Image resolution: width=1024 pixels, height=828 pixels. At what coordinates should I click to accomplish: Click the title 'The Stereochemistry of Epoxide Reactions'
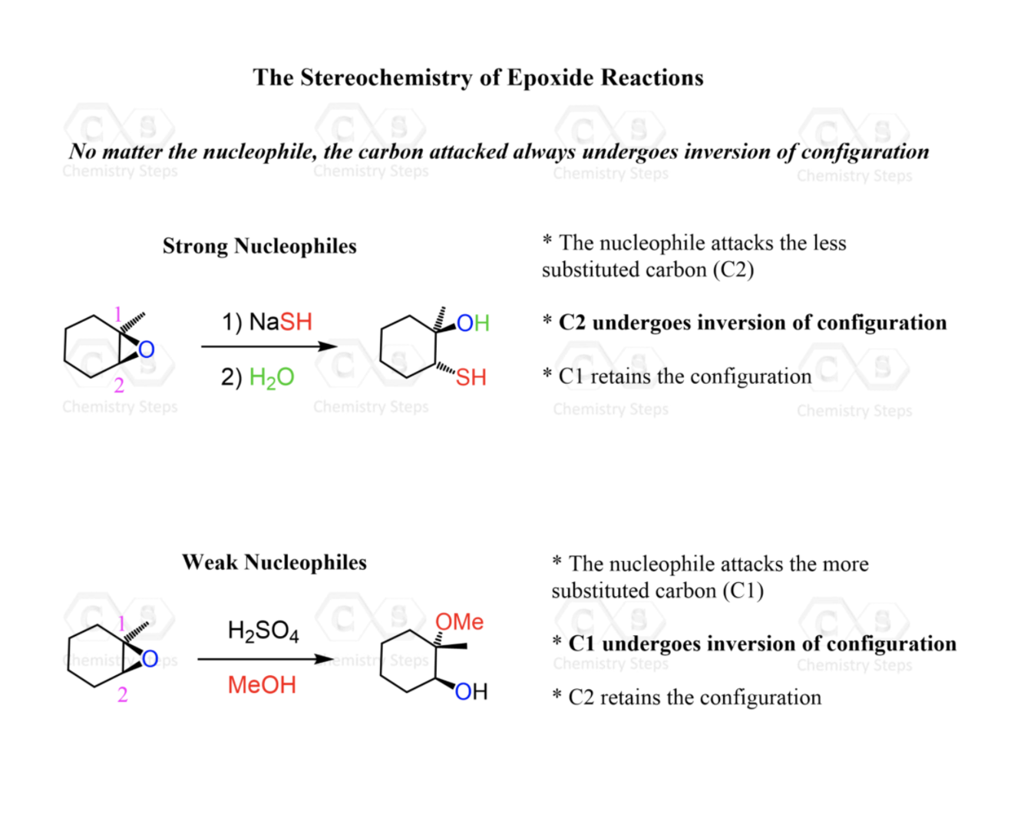[477, 78]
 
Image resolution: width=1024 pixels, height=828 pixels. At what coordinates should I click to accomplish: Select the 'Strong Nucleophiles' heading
[259, 246]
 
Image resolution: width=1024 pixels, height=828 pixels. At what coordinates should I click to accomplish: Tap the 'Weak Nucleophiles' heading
[274, 562]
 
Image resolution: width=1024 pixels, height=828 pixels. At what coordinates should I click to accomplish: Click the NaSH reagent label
[267, 322]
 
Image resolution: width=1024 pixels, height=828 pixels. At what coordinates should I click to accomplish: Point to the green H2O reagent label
[272, 377]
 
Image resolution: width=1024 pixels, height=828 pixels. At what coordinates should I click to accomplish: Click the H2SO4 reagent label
[263, 631]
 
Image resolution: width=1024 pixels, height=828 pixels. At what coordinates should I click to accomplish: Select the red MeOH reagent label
[262, 684]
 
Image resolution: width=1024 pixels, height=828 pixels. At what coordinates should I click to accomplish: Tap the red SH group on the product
[471, 377]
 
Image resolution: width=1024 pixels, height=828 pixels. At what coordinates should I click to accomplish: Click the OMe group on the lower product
[459, 621]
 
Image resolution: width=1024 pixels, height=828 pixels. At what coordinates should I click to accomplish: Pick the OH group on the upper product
[473, 323]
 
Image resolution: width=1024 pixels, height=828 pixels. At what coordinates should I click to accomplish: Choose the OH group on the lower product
[471, 692]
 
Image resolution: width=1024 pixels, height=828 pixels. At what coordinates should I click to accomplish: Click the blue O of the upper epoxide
[146, 350]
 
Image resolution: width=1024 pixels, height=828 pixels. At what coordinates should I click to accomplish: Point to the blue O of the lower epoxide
[150, 659]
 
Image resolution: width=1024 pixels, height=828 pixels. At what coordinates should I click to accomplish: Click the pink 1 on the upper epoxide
[117, 313]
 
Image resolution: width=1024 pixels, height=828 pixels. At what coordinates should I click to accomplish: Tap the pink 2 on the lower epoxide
[122, 695]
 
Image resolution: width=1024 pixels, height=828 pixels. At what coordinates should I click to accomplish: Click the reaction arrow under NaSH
[269, 346]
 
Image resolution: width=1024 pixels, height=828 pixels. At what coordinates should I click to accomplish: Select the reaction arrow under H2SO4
[265, 659]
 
